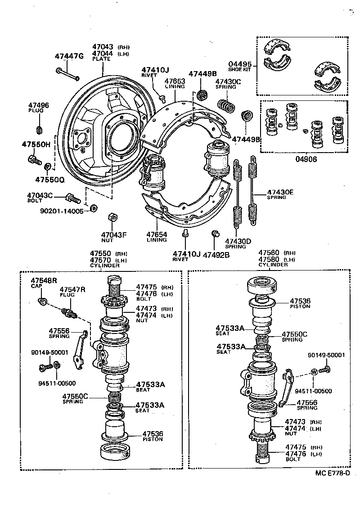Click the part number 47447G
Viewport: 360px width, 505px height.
(x=69, y=56)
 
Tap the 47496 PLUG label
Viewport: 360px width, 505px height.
(x=39, y=108)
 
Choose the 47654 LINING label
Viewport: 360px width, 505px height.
(x=157, y=237)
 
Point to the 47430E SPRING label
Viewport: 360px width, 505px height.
(x=280, y=194)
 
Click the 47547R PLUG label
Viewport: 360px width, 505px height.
(x=72, y=291)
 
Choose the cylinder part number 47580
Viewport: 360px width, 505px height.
(x=269, y=259)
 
